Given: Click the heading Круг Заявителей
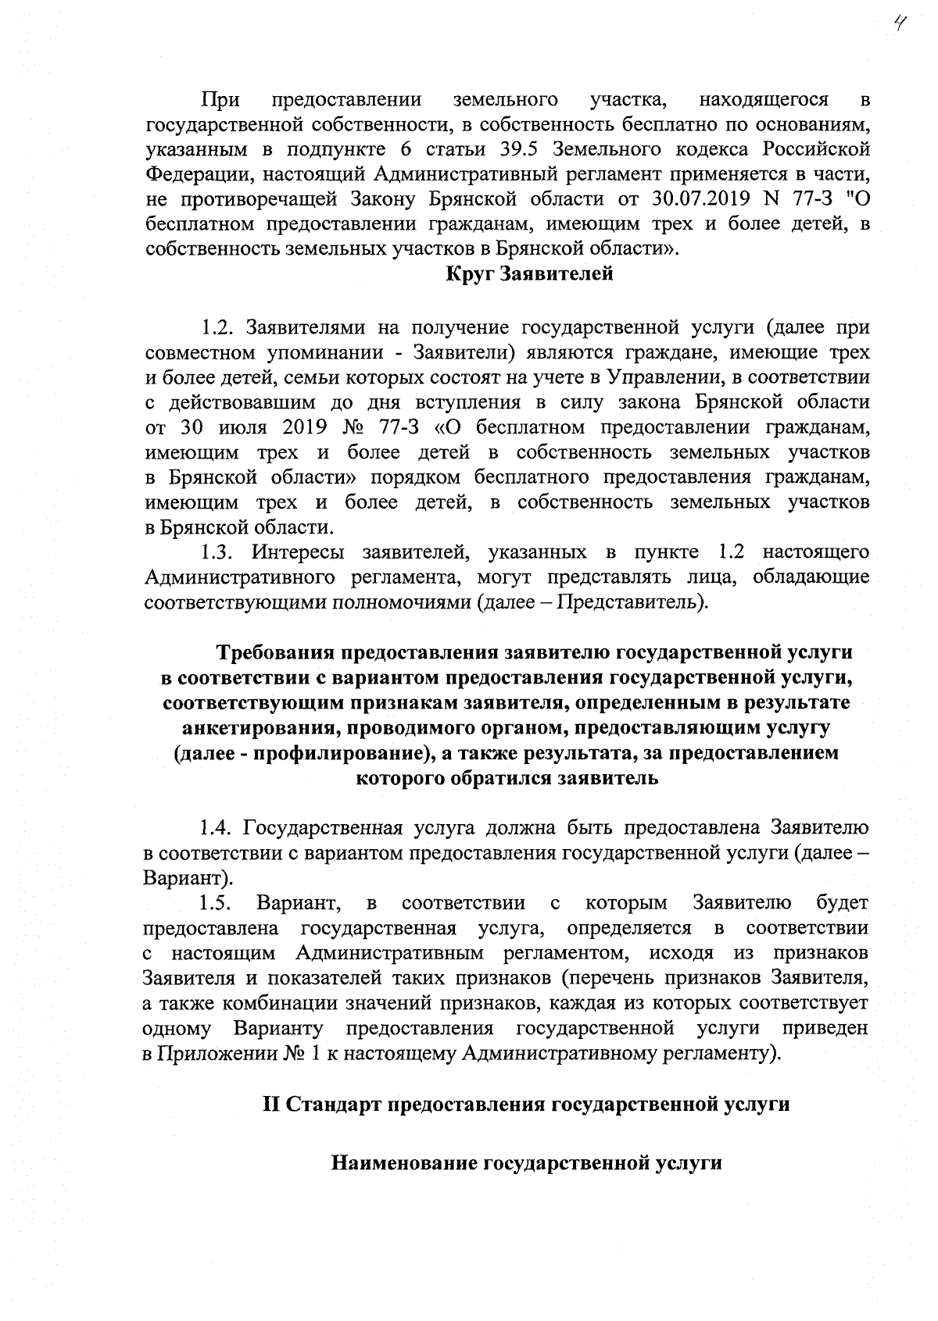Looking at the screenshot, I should pos(529,274).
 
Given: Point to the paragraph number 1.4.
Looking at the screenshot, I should pos(216,827).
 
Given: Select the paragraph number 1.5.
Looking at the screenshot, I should pos(216,903).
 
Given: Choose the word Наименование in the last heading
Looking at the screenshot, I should pos(404,1162).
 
